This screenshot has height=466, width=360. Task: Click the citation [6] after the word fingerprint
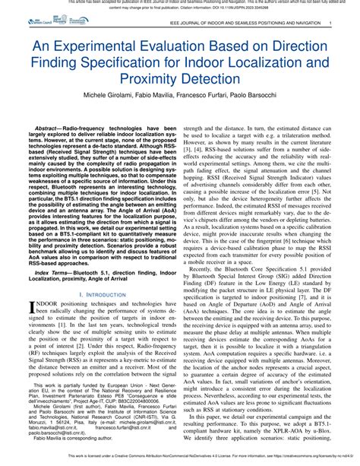coord(277,218)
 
